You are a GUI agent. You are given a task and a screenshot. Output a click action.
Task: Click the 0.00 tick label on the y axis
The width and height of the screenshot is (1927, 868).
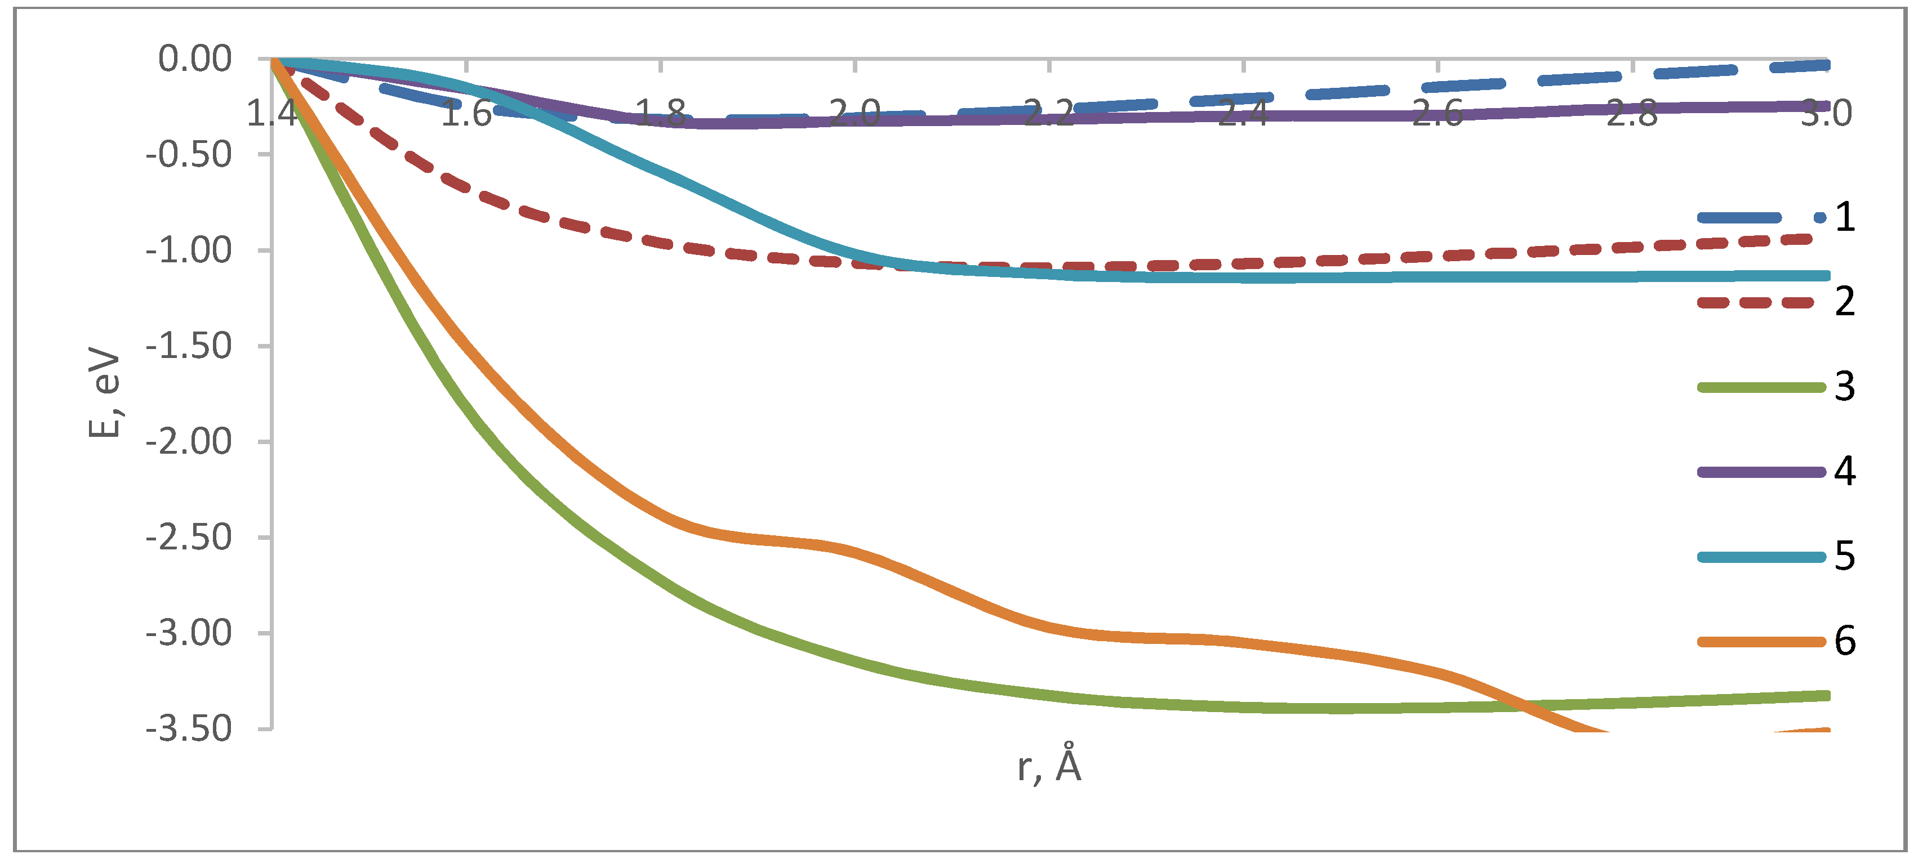tap(194, 59)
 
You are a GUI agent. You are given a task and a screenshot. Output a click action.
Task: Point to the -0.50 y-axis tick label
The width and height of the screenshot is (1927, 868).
tap(189, 155)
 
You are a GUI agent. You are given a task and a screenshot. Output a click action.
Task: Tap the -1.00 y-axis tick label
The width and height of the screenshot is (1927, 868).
tap(189, 250)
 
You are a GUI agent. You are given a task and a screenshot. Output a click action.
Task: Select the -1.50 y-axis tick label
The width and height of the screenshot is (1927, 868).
tap(189, 346)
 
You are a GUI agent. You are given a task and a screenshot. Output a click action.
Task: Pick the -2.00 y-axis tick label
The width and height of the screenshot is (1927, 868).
tap(189, 441)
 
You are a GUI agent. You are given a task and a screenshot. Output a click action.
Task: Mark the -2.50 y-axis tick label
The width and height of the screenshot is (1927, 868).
tap(189, 537)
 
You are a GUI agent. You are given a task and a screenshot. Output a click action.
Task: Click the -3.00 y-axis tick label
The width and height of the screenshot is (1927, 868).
tap(189, 633)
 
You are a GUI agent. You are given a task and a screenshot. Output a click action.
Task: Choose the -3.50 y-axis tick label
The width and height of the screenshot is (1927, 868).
tap(189, 728)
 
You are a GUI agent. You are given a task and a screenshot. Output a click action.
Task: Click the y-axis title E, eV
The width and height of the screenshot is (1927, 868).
tap(104, 392)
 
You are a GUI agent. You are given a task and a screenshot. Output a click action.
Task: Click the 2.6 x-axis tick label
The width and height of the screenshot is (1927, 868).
tap(1437, 114)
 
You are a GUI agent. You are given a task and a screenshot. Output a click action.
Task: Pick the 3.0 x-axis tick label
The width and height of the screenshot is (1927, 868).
tap(1826, 114)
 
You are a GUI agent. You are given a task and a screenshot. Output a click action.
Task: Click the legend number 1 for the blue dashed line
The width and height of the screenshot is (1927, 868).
tap(1845, 217)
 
